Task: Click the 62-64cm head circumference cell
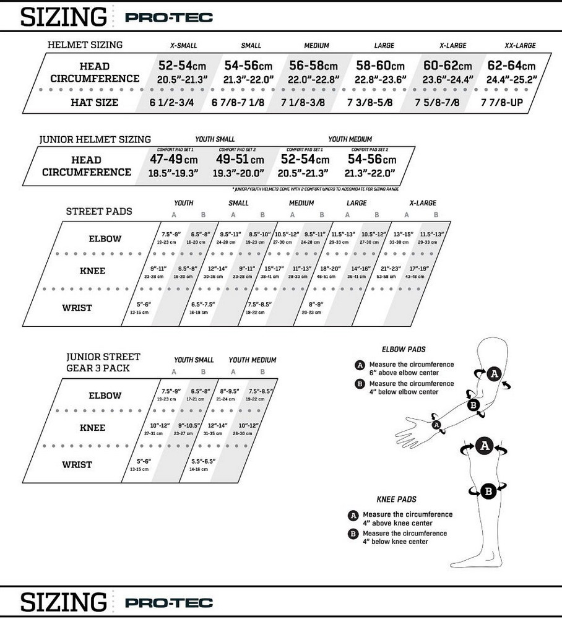pyautogui.click(x=511, y=72)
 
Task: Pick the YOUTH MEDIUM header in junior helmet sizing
pyautogui.click(x=350, y=139)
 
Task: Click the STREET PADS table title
pyautogui.click(x=99, y=211)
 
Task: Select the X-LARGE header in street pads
pyautogui.click(x=423, y=203)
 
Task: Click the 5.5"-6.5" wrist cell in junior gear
pyautogui.click(x=202, y=464)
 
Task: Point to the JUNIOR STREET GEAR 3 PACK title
pyautogui.click(x=103, y=363)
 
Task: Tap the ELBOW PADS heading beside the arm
pyautogui.click(x=404, y=350)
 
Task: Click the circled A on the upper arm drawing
pyautogui.click(x=493, y=373)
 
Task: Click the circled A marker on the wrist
pyautogui.click(x=437, y=425)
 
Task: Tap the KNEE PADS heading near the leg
pyautogui.click(x=396, y=500)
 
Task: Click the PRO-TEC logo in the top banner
pyautogui.click(x=168, y=17)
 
